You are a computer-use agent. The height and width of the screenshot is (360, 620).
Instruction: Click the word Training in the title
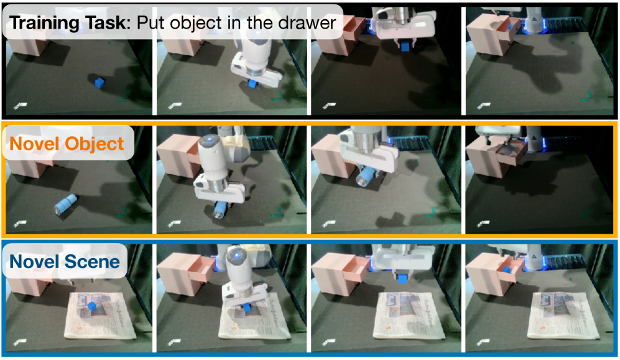[x=45, y=23]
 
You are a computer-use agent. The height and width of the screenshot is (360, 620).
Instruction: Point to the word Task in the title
[x=105, y=22]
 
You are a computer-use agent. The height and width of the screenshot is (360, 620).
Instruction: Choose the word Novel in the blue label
[x=35, y=262]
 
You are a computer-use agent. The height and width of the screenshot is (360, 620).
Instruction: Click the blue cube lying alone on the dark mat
[x=99, y=82]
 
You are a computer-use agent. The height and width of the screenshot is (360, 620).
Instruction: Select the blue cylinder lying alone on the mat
[x=66, y=204]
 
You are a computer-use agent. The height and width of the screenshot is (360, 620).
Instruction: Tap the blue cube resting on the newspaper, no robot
[x=92, y=307]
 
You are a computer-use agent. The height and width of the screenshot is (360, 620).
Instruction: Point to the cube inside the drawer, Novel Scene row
[x=507, y=269]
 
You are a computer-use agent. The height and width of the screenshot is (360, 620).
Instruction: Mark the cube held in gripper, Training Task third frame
[x=404, y=47]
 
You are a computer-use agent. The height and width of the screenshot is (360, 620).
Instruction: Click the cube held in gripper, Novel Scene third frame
[x=402, y=278]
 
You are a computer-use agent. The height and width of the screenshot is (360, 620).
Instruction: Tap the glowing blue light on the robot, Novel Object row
[x=208, y=139]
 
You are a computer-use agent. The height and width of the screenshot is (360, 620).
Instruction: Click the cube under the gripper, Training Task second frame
[x=253, y=83]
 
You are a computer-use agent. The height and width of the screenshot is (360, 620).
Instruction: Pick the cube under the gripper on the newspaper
[x=247, y=307]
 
